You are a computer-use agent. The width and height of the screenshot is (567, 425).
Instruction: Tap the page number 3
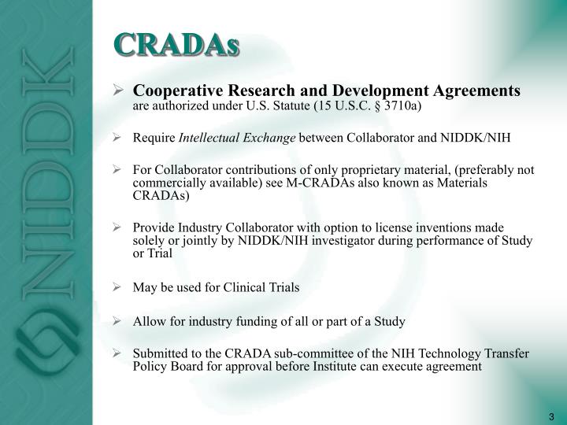(x=550, y=416)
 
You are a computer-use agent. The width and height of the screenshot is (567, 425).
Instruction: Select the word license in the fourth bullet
(x=382, y=227)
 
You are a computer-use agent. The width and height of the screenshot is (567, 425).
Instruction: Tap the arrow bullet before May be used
(x=117, y=287)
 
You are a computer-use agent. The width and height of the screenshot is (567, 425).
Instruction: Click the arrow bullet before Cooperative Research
(x=117, y=92)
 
